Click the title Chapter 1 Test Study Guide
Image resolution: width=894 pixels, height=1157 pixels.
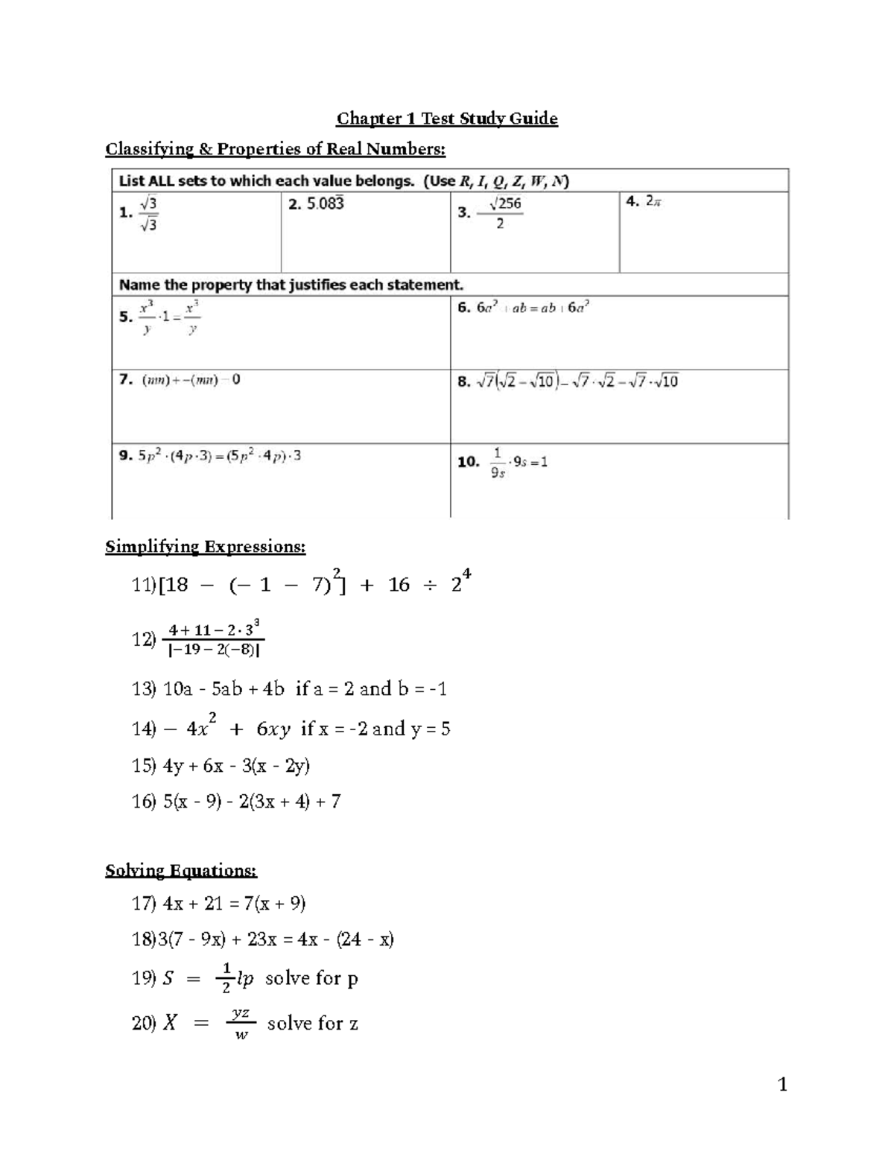(447, 118)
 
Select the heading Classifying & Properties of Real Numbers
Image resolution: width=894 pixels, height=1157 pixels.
(275, 149)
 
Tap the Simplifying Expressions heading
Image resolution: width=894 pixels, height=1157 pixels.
(205, 547)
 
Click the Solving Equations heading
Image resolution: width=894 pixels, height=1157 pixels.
(181, 870)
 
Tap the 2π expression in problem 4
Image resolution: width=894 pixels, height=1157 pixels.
(653, 201)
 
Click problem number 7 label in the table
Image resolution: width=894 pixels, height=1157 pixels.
(126, 380)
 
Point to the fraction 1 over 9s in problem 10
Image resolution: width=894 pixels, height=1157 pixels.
(498, 463)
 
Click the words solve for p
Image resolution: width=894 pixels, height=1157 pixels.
(311, 978)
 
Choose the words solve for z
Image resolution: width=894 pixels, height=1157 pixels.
(313, 1024)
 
